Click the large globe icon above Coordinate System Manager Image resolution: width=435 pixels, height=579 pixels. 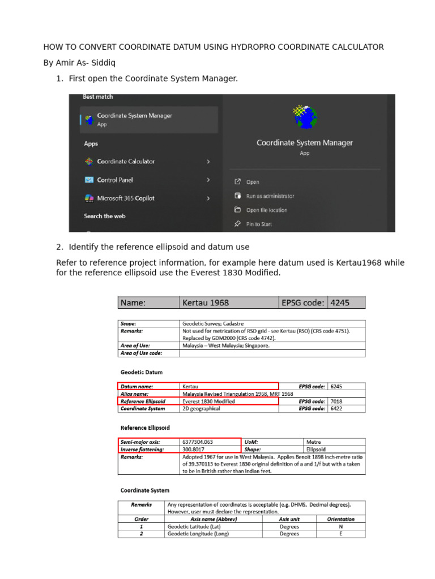click(305, 117)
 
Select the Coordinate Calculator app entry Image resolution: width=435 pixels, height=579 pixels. click(125, 162)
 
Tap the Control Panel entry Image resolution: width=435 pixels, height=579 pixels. click(114, 180)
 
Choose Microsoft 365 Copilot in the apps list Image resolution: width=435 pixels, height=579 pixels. click(125, 198)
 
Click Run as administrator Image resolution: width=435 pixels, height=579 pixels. click(270, 196)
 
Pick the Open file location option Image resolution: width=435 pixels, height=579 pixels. click(266, 210)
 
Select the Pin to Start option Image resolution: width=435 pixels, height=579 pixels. click(259, 224)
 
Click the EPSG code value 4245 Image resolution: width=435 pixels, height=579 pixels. click(340, 303)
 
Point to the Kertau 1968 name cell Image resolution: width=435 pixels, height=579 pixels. click(206, 303)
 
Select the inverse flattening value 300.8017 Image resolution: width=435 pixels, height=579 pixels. click(194, 450)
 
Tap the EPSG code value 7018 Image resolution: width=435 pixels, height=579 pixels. click(336, 401)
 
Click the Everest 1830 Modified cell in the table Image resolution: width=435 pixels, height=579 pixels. click(208, 401)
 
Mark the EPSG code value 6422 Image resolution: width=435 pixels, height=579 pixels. click(336, 408)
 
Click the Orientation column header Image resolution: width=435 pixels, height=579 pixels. click(340, 518)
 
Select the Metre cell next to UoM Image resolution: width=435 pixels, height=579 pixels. click(313, 442)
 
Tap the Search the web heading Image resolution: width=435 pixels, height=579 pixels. click(105, 216)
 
